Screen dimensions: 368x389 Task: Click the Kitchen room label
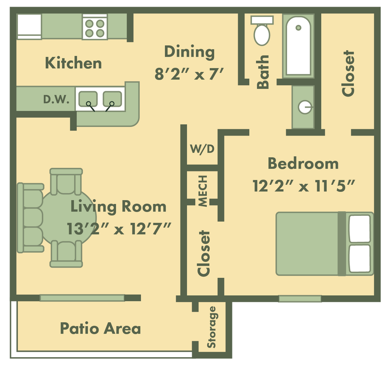73,63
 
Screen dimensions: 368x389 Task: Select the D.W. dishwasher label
56,99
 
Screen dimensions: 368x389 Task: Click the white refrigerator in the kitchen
29,26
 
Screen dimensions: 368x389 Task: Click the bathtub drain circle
298,28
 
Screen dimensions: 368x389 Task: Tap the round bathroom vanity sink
305,107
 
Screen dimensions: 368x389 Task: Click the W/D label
202,149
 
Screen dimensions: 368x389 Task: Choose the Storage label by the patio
212,327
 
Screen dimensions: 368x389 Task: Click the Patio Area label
100,328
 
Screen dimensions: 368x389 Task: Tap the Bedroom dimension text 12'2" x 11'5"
303,186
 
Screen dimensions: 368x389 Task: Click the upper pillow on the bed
360,228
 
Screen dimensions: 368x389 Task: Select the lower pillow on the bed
360,259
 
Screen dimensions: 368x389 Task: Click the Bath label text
263,72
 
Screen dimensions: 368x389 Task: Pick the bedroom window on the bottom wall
300,299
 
